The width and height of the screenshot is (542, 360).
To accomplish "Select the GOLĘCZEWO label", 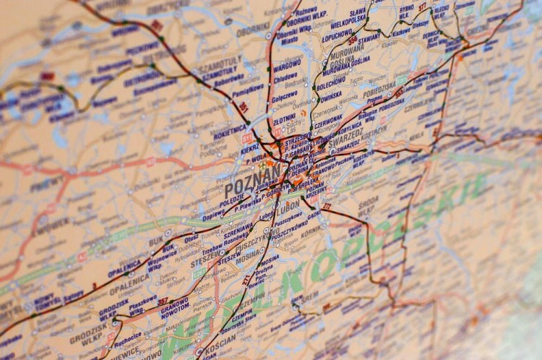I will pyautogui.click(x=284, y=94).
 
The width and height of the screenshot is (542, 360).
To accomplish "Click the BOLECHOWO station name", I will pyautogui.click(x=330, y=85).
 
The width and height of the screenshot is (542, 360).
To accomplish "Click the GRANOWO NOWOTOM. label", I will pyautogui.click(x=175, y=304).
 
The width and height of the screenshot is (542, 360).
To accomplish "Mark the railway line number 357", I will pyautogui.click(x=163, y=301).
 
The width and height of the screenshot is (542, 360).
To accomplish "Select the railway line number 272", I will pyautogui.click(x=326, y=207).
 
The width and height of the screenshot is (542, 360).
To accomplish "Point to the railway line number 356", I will pyautogui.click(x=353, y=40).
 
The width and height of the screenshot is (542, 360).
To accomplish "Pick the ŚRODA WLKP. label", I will pyautogui.click(x=369, y=200).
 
